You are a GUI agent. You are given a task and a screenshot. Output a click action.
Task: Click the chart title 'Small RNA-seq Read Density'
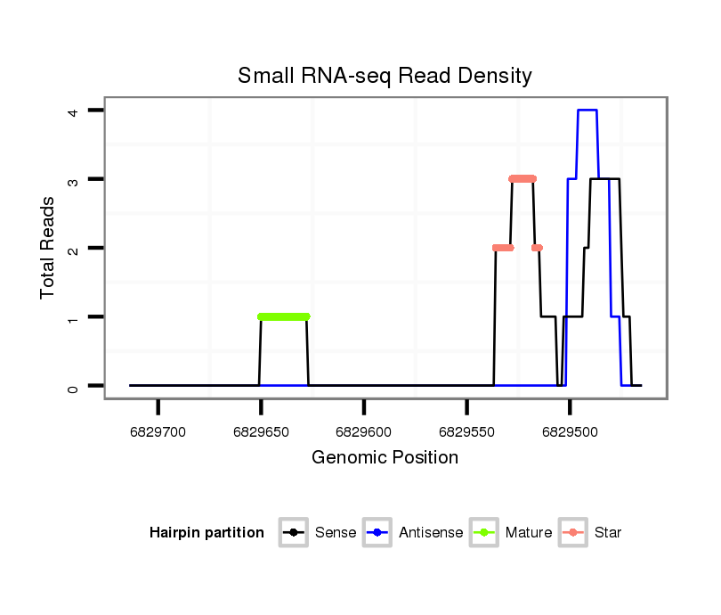[385, 76]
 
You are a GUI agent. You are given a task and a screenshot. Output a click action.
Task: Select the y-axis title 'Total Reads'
[48, 248]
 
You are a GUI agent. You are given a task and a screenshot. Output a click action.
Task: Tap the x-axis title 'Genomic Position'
[385, 458]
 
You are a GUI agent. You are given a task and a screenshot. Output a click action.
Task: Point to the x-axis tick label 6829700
[158, 432]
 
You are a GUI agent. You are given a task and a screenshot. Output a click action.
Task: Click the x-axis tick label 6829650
[261, 432]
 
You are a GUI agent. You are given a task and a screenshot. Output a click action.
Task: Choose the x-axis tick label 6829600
[363, 432]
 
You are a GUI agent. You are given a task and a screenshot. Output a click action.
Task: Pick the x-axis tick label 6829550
[466, 432]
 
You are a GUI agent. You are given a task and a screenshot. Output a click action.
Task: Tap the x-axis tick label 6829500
[570, 432]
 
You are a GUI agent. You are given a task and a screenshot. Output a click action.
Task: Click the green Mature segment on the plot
[283, 316]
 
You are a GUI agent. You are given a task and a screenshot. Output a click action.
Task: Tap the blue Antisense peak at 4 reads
[587, 111]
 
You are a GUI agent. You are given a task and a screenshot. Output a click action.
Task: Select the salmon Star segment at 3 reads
[523, 178]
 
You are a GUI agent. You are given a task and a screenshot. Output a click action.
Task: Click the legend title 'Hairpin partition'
[207, 533]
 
